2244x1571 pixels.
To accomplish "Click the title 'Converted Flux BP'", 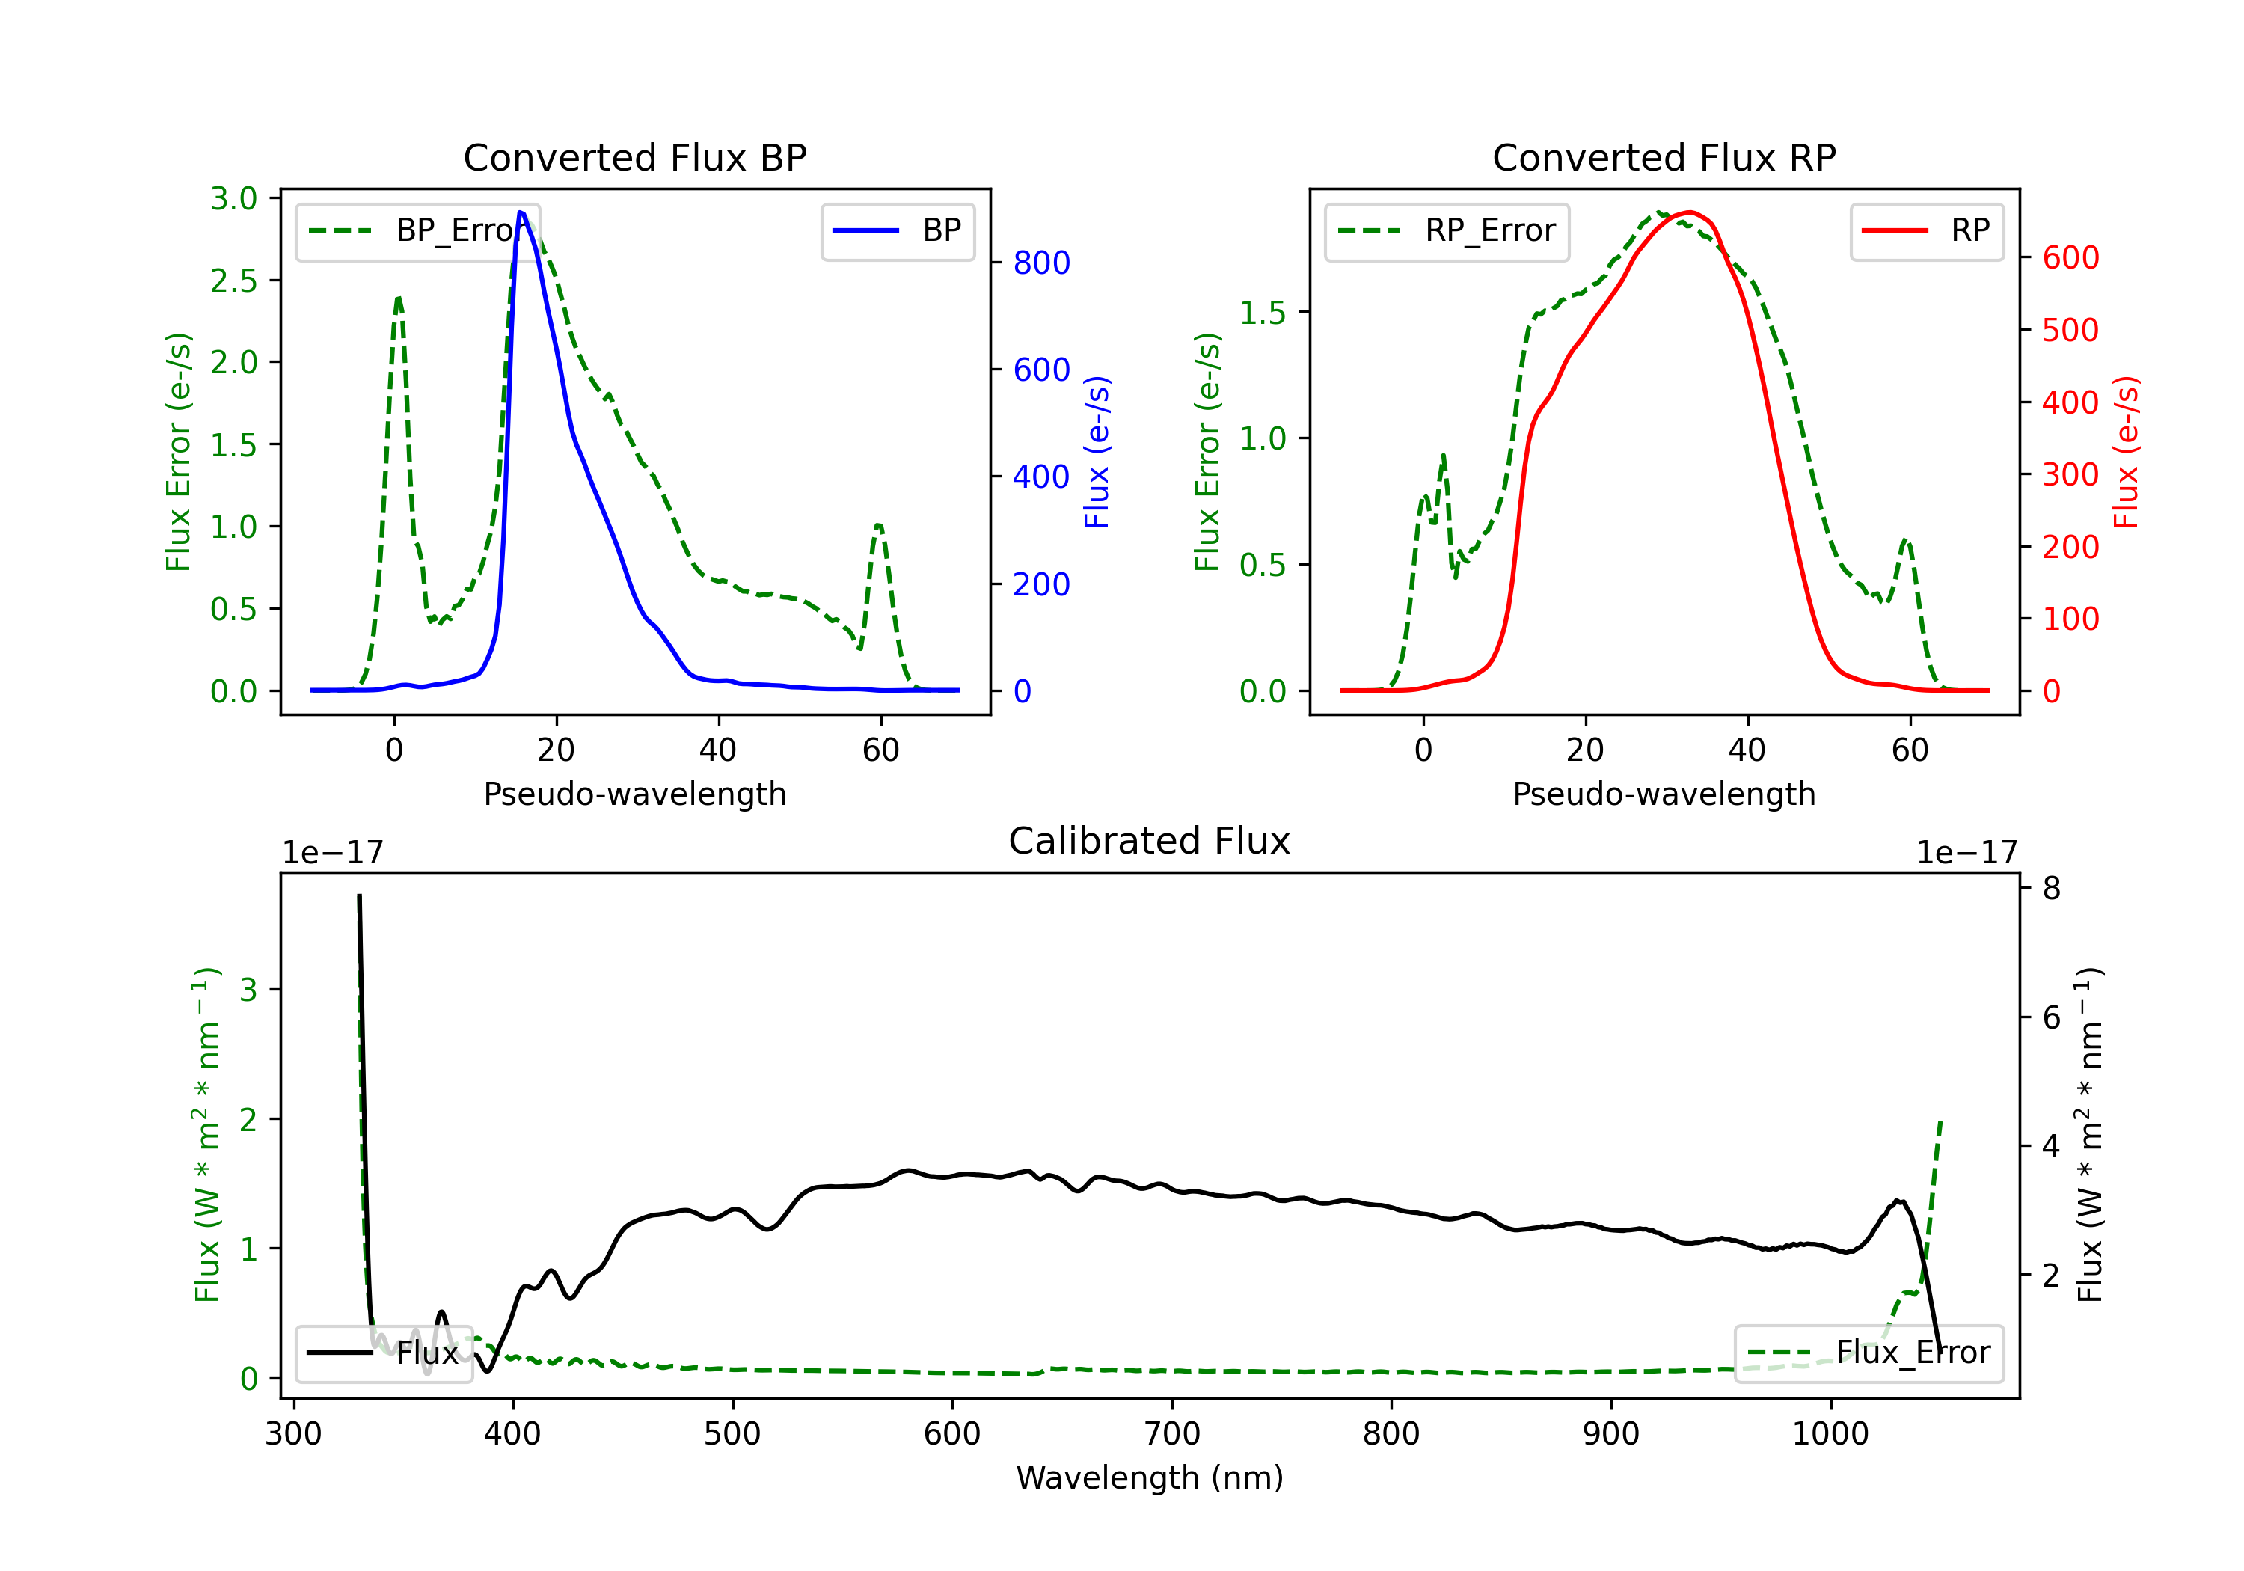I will [634, 157].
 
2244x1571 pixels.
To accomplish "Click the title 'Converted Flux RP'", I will [1664, 157].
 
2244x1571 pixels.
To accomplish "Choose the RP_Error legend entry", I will [1447, 230].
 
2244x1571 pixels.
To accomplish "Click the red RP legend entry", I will [1925, 230].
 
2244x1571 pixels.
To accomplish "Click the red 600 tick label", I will [2070, 257].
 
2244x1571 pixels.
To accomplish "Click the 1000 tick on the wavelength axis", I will [1830, 1434].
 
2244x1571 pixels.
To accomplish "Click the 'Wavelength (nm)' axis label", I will [1150, 1477].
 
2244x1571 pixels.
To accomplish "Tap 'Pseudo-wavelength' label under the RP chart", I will [1664, 794].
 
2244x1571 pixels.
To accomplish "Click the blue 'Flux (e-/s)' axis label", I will [1097, 452].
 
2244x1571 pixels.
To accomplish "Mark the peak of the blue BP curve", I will [521, 212].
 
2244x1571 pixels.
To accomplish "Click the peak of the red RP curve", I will [1689, 212].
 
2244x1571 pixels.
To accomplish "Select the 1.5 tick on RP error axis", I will [1262, 313].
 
